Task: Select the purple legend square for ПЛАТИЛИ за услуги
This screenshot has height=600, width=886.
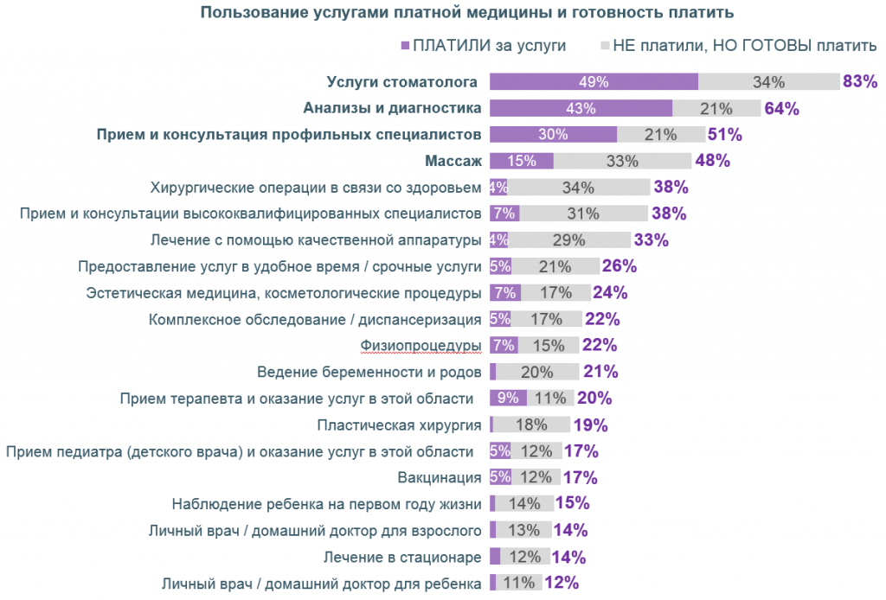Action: [405, 45]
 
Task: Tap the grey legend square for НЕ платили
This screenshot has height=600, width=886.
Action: [604, 45]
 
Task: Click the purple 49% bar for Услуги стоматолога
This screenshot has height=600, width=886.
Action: [594, 82]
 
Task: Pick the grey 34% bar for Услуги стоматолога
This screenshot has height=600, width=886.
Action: [768, 82]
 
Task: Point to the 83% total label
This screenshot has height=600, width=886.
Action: [860, 82]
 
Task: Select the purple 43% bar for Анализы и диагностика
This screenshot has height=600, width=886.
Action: [581, 108]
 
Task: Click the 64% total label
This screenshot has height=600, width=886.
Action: [781, 109]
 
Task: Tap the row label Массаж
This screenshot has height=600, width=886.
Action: [453, 161]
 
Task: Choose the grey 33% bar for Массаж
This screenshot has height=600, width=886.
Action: [622, 161]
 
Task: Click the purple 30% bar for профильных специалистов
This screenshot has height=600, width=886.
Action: [553, 135]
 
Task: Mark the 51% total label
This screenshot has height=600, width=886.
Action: [724, 135]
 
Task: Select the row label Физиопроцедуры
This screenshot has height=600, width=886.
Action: [421, 346]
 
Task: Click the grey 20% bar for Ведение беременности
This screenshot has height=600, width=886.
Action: [537, 372]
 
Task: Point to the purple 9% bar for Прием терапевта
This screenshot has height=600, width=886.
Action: [508, 398]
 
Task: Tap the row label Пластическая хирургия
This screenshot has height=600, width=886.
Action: [399, 424]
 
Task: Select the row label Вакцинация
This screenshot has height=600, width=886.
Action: [440, 477]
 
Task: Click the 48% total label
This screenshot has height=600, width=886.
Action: [713, 161]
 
